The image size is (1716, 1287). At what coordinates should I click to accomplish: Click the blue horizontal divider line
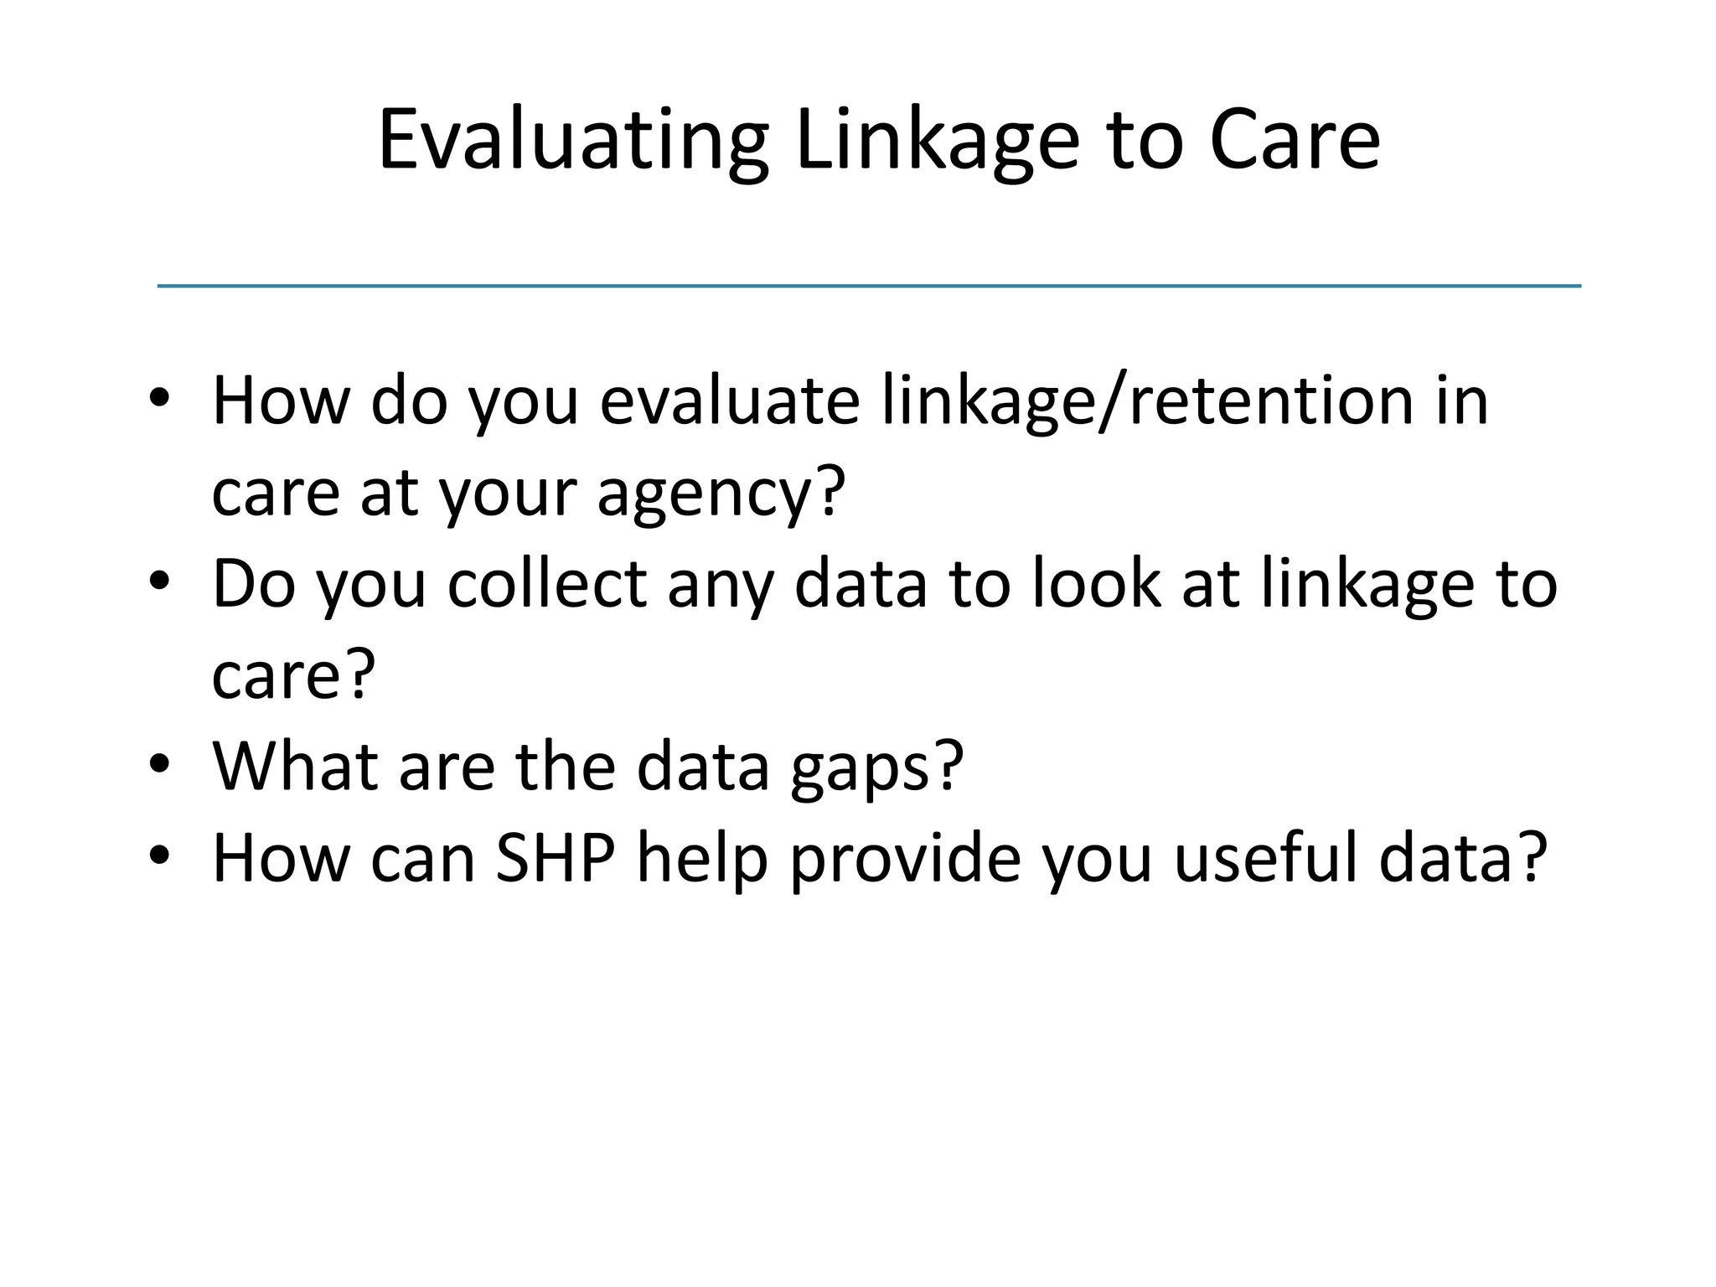click(x=869, y=287)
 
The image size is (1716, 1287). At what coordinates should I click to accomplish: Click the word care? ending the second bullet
click(x=293, y=675)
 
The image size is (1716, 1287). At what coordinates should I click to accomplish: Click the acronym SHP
click(x=556, y=859)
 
